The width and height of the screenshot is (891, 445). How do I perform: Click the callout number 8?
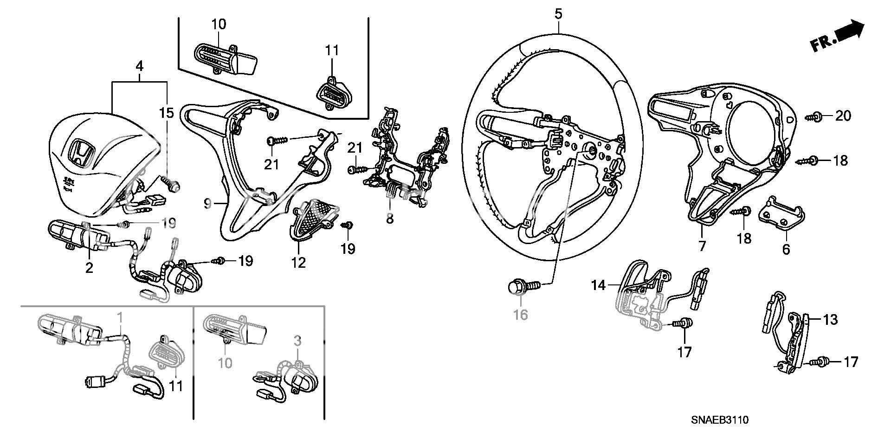[x=390, y=218]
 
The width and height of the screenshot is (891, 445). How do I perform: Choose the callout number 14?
[x=598, y=285]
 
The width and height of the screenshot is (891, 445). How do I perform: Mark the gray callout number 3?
[x=297, y=341]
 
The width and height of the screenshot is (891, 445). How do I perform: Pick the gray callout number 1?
[x=120, y=318]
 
